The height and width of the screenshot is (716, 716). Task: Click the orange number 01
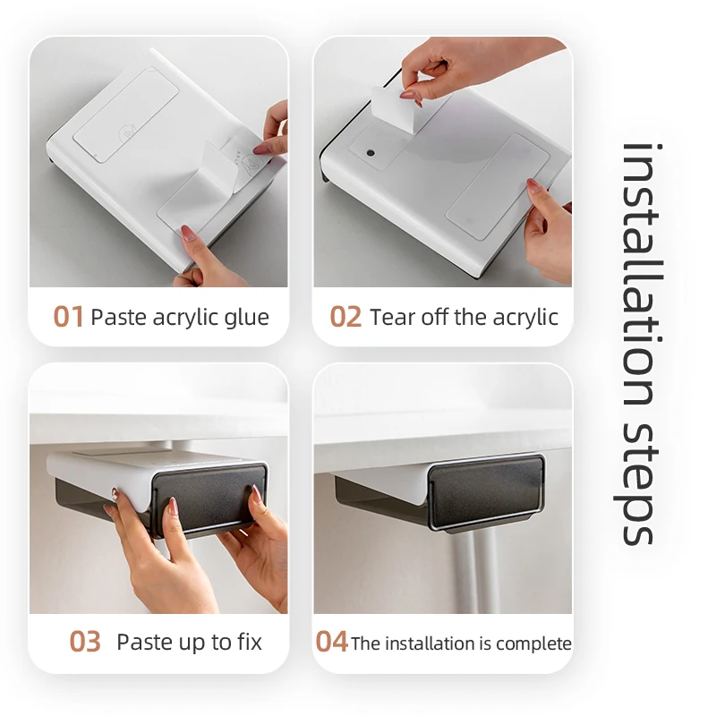pos(68,317)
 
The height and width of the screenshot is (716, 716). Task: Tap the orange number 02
pos(345,317)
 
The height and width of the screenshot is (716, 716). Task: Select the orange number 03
pos(85,642)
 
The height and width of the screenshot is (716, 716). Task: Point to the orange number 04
pos(331,642)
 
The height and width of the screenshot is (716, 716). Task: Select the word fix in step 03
pos(250,641)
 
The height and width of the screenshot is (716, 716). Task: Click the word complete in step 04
pos(533,644)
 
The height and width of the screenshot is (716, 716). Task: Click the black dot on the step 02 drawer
pos(371,152)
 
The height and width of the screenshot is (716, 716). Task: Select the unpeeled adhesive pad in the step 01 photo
pos(126,115)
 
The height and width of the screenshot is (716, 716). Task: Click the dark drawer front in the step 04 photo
pos(486,492)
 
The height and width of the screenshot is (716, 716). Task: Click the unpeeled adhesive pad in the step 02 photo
pos(498,187)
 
